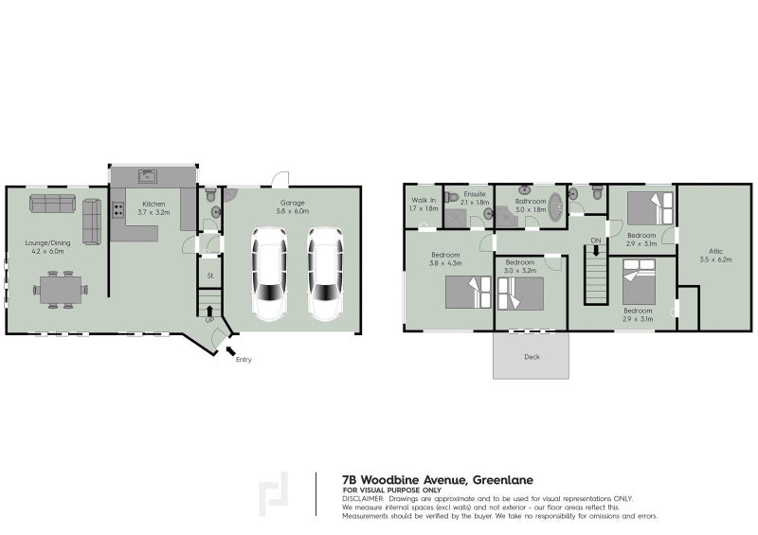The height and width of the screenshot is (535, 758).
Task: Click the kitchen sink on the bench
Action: [147, 175]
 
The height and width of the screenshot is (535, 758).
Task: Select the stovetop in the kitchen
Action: [119, 210]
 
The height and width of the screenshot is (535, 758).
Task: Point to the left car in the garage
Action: [268, 276]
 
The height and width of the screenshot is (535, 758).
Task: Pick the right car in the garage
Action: [324, 276]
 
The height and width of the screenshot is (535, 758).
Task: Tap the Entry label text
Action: [244, 360]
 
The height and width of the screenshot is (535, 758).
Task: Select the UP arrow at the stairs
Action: [209, 310]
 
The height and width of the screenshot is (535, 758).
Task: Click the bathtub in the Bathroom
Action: [554, 207]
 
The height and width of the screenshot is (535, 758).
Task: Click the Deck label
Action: [532, 357]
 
